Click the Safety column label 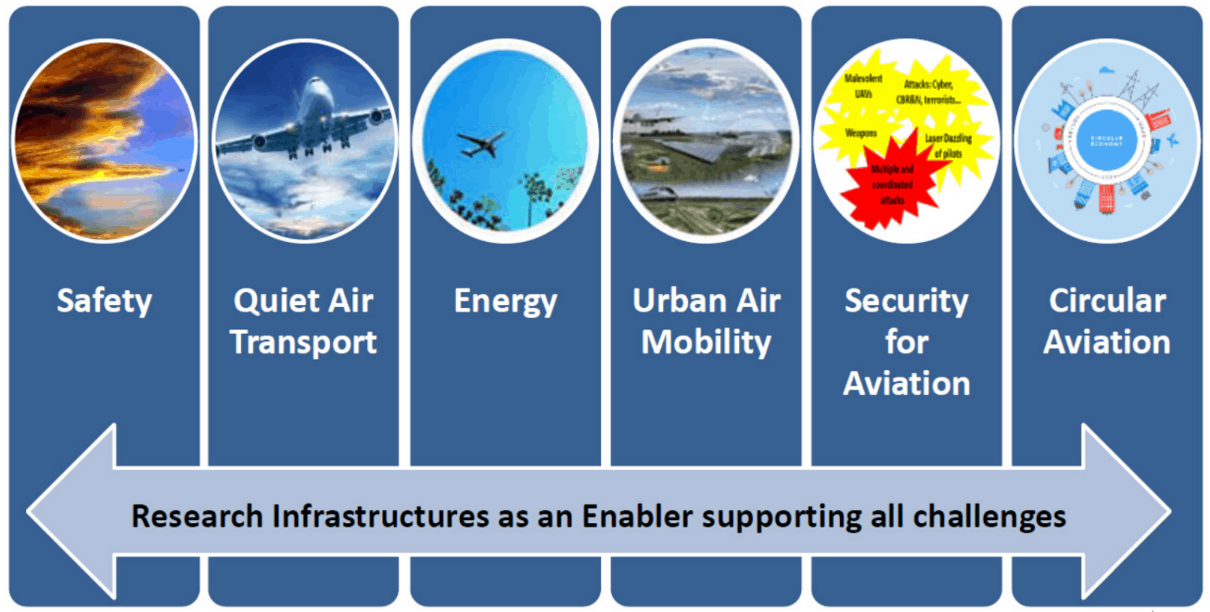[x=104, y=302]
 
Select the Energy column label [x=505, y=302]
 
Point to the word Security [x=906, y=302]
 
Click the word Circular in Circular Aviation [x=1107, y=302]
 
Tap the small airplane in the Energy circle [x=481, y=143]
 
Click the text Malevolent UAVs [x=863, y=85]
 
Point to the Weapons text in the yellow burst [x=862, y=133]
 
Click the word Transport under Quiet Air [x=305, y=343]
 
